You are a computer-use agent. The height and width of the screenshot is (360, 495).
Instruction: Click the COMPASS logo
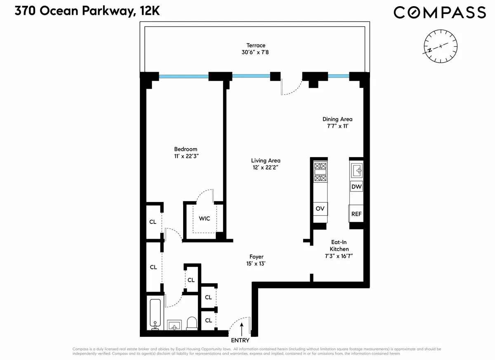440,12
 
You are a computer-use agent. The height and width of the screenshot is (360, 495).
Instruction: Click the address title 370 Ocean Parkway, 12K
87,11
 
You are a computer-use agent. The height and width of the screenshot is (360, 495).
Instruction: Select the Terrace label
256,45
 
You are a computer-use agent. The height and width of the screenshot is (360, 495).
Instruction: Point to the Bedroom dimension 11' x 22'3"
185,156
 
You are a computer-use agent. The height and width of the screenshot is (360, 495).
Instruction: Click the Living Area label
266,160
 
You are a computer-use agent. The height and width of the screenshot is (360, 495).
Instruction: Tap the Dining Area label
337,119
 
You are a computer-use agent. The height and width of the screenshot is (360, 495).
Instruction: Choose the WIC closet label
205,218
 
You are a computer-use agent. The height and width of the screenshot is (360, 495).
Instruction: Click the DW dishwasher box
356,187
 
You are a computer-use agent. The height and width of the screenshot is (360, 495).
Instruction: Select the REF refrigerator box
356,214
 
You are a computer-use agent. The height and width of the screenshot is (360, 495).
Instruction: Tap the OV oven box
320,209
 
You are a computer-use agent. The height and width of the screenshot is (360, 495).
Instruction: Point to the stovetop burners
320,172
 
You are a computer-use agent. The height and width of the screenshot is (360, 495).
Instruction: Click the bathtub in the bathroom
156,313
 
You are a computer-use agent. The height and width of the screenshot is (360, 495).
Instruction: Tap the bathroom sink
175,325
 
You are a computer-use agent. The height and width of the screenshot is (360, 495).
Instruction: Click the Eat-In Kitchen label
339,246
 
